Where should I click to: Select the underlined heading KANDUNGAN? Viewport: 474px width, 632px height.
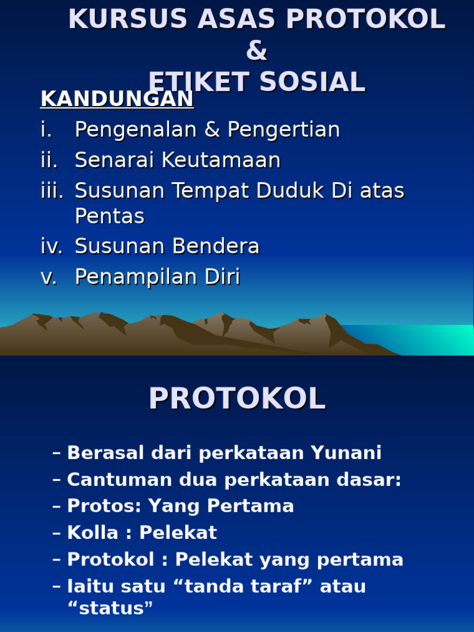point(117,99)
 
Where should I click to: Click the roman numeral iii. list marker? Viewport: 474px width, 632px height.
point(52,191)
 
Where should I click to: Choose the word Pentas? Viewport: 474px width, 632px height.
point(109,216)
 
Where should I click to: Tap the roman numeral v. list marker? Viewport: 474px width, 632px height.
point(49,277)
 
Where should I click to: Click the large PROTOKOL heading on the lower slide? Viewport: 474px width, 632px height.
point(237,399)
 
